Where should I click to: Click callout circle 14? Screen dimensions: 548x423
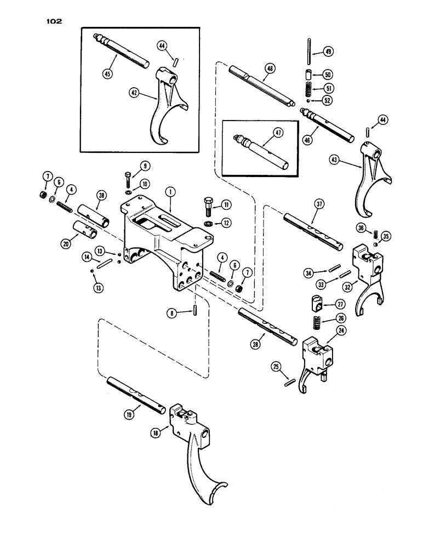87,256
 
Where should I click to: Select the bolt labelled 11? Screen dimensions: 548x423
210,207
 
